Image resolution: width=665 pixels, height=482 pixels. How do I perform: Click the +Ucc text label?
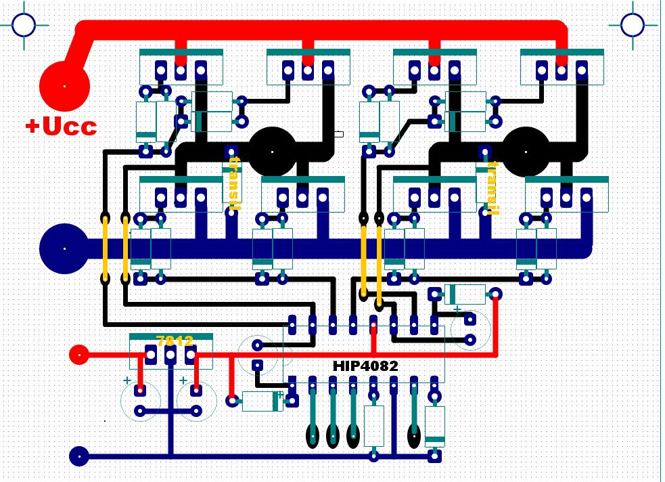pyautogui.click(x=61, y=127)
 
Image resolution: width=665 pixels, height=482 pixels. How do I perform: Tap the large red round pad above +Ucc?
pyautogui.click(x=64, y=86)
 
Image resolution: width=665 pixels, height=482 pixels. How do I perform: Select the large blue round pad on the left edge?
pyautogui.click(x=64, y=248)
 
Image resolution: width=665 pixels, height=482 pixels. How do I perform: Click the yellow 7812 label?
pyautogui.click(x=175, y=341)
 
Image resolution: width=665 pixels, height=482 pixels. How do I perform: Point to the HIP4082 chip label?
pyautogui.click(x=365, y=366)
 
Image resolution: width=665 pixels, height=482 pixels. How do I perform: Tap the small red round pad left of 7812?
pyautogui.click(x=79, y=354)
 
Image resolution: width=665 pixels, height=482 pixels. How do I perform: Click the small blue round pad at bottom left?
pyautogui.click(x=79, y=456)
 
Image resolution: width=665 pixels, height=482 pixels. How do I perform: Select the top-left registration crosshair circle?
pyautogui.click(x=24, y=24)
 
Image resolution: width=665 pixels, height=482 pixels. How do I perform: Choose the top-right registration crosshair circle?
pyautogui.click(x=632, y=24)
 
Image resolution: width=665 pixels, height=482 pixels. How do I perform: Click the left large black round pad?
pyautogui.click(x=273, y=152)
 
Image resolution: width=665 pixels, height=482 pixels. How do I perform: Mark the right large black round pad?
pyautogui.click(x=527, y=152)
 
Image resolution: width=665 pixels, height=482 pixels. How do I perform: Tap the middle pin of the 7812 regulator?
pyautogui.click(x=170, y=354)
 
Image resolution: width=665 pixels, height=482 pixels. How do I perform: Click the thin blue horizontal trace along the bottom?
pyautogui.click(x=257, y=456)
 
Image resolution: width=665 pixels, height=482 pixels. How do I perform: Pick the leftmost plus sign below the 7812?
pyautogui.click(x=127, y=380)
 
